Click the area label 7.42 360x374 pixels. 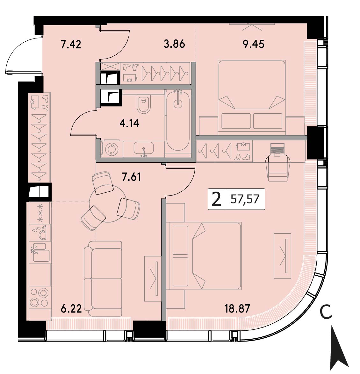pos(71,45)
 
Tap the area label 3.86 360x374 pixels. pos(175,44)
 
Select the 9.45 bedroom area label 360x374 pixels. pos(254,44)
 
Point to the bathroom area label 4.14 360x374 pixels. pos(129,123)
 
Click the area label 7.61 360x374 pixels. pos(131,177)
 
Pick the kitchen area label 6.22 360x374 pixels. pos(71,309)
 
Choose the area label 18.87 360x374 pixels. pos(237,309)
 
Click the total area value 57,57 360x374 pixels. pos(245,199)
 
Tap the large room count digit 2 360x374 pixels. pos(216,199)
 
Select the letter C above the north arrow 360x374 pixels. pos(326,313)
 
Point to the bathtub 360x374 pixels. pos(178,120)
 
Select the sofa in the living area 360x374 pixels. pos(103,279)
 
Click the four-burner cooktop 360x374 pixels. pos(40,298)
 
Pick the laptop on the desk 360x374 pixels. pos(277,149)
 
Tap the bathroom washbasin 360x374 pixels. pos(144,148)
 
